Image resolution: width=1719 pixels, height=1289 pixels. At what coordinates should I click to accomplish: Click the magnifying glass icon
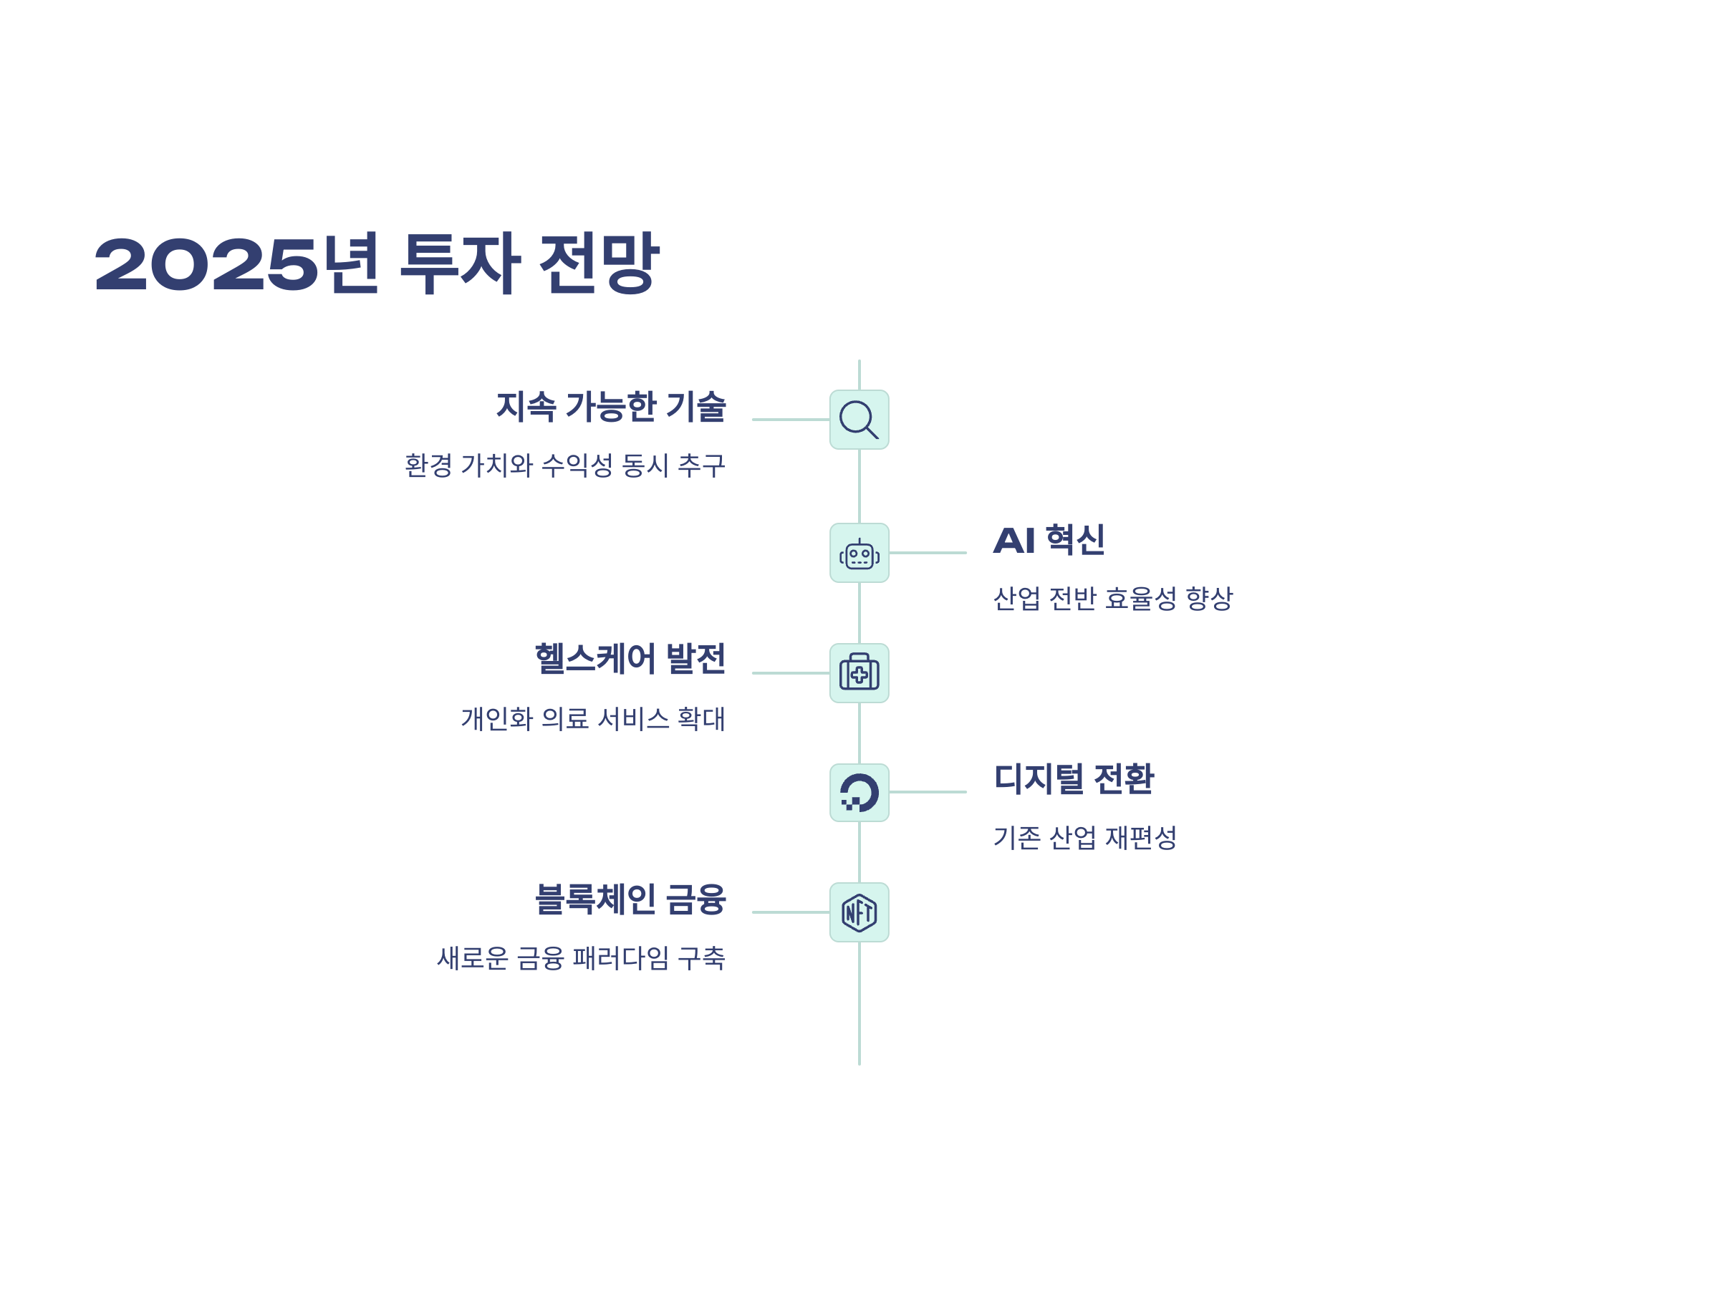click(859, 420)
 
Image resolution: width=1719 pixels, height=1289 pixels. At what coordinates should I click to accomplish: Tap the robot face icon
click(859, 554)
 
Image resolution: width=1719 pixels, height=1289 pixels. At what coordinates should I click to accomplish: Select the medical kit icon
click(859, 673)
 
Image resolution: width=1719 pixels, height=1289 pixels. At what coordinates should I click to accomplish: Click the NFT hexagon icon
click(859, 912)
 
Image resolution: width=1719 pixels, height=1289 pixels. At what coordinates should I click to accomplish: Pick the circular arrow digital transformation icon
click(859, 793)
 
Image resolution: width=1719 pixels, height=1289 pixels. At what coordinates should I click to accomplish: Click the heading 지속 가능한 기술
click(611, 406)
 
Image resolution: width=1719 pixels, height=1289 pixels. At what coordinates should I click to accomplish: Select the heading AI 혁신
click(1049, 540)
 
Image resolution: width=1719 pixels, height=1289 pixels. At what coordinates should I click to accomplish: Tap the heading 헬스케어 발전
click(630, 659)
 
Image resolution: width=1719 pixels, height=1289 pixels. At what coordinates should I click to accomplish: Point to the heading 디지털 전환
click(1074, 778)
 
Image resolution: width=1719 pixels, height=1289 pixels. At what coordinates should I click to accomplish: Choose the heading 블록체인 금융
click(630, 899)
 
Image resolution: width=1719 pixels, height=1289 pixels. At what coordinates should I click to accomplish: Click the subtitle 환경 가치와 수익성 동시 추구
click(565, 465)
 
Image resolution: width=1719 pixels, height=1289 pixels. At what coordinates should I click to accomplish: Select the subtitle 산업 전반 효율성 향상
click(1113, 598)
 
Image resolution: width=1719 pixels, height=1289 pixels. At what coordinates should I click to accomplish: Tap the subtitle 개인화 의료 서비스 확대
click(593, 719)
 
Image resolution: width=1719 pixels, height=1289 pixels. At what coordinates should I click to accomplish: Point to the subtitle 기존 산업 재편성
click(1085, 838)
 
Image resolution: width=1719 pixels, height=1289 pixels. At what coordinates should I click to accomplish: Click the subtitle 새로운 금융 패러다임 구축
click(580, 958)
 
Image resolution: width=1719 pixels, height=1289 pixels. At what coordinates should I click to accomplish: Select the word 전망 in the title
click(600, 264)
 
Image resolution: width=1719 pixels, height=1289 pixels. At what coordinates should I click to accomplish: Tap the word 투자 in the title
click(460, 264)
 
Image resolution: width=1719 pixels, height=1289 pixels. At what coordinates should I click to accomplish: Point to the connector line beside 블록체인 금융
click(790, 912)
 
